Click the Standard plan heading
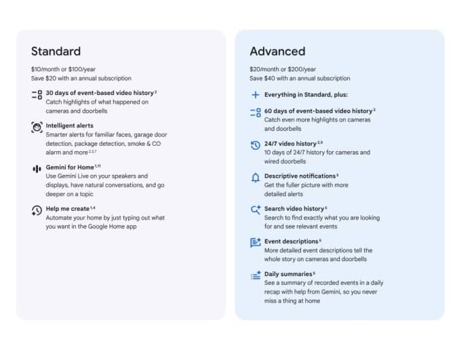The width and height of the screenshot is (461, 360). pyautogui.click(x=56, y=51)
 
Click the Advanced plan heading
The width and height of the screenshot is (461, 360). pyautogui.click(x=277, y=51)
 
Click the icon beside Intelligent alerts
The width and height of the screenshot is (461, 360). pyautogui.click(x=37, y=127)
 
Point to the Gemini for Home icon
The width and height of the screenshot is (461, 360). pyautogui.click(x=37, y=168)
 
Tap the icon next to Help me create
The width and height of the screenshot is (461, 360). pyautogui.click(x=37, y=210)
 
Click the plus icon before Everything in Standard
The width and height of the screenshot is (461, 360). pyautogui.click(x=256, y=95)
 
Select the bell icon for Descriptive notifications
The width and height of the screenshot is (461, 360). pyautogui.click(x=256, y=178)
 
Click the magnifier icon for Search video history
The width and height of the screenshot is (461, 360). pyautogui.click(x=256, y=210)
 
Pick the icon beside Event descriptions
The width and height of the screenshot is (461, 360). pyautogui.click(x=256, y=243)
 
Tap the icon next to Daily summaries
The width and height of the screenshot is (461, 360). pyautogui.click(x=256, y=275)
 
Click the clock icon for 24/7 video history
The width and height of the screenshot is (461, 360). pyautogui.click(x=256, y=145)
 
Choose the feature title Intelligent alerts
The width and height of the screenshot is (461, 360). pyautogui.click(x=69, y=125)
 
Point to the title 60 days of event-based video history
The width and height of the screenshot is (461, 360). pyautogui.click(x=318, y=111)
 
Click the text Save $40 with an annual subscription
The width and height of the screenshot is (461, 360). pyautogui.click(x=299, y=79)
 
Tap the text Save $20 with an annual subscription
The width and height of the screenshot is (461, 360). pyautogui.click(x=81, y=79)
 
